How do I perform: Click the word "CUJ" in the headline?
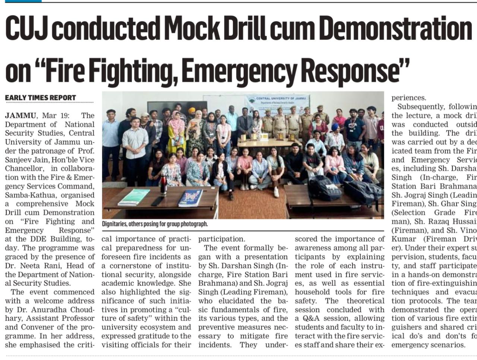(26, 28)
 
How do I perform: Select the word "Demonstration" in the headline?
(395, 28)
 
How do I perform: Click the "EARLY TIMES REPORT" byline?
(40, 98)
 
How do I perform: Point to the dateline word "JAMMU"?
(20, 116)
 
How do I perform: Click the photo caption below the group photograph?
(155, 224)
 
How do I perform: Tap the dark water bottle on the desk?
(163, 184)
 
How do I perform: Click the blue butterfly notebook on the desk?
(190, 198)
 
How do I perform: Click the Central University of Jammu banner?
(278, 102)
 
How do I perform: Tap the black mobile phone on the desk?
(158, 201)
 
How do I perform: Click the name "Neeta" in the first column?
(40, 266)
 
